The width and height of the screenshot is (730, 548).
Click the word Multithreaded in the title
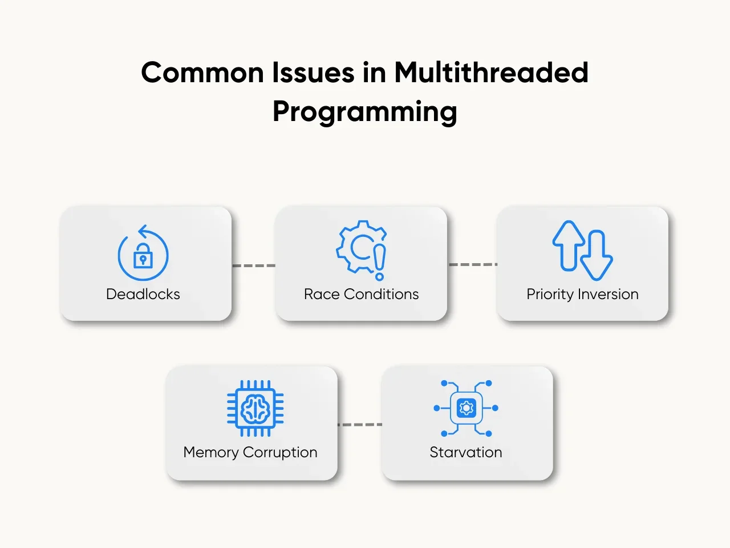click(491, 72)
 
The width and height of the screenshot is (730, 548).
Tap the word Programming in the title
click(365, 112)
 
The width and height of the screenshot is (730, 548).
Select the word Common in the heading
click(202, 72)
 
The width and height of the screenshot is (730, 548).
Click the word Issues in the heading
click(313, 72)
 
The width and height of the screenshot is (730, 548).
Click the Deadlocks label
click(143, 294)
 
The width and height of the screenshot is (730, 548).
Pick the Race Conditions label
click(361, 294)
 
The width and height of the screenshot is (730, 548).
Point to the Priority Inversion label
click(582, 295)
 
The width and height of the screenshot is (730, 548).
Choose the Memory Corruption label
click(250, 453)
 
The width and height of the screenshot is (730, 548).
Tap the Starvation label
click(465, 453)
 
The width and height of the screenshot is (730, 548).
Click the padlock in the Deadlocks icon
click(143, 256)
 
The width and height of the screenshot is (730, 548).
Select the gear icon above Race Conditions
click(359, 245)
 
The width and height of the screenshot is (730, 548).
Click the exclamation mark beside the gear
click(379, 263)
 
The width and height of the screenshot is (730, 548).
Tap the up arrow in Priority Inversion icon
click(569, 245)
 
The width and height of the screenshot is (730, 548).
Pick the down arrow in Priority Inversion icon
click(597, 255)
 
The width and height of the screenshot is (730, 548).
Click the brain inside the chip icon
click(255, 408)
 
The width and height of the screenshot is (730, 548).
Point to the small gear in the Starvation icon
click(466, 408)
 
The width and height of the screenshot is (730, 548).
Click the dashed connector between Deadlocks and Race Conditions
click(254, 265)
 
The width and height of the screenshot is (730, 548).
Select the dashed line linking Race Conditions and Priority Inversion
click(473, 264)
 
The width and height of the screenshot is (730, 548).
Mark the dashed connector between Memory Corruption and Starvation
click(360, 425)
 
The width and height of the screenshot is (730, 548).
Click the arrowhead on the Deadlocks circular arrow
click(143, 231)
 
